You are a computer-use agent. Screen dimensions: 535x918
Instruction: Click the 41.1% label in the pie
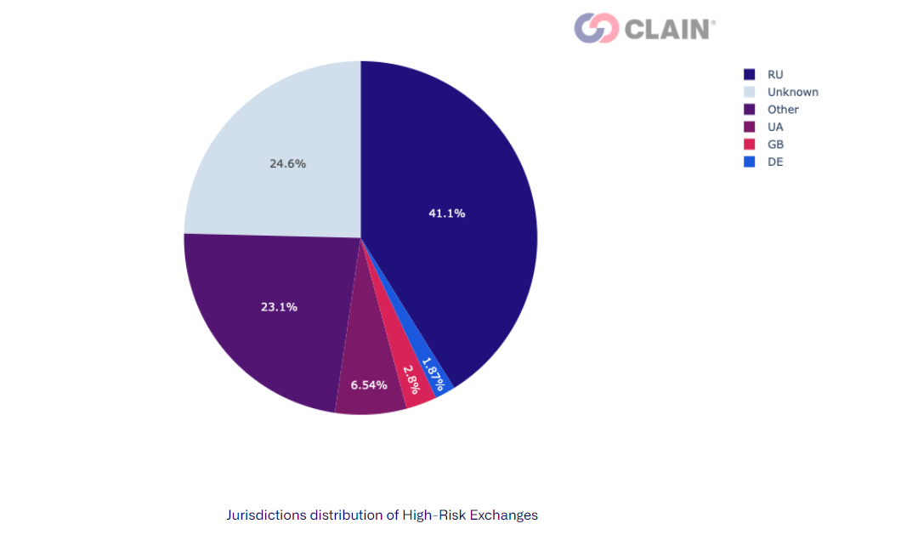pyautogui.click(x=446, y=213)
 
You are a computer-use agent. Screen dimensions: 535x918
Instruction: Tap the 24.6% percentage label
pyautogui.click(x=287, y=163)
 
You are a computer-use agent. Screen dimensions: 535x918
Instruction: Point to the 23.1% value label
pyautogui.click(x=279, y=307)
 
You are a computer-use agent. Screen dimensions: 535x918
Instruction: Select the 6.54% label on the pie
pyautogui.click(x=369, y=385)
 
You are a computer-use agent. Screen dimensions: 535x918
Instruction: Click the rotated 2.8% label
pyautogui.click(x=411, y=379)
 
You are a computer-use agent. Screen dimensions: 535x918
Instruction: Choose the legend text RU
pyautogui.click(x=775, y=75)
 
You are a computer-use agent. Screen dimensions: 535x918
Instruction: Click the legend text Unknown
pyautogui.click(x=792, y=92)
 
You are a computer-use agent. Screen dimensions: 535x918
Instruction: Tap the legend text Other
pyautogui.click(x=783, y=110)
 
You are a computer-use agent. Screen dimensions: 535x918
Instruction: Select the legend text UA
pyautogui.click(x=775, y=127)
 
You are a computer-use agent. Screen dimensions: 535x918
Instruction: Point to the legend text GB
pyautogui.click(x=775, y=145)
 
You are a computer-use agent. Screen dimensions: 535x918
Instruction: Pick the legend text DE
pyautogui.click(x=775, y=162)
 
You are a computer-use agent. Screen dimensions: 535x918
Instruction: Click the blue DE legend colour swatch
pyautogui.click(x=749, y=162)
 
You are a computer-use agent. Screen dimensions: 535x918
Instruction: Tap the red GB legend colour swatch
pyautogui.click(x=749, y=145)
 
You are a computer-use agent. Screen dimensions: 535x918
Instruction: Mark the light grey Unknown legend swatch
pyautogui.click(x=749, y=92)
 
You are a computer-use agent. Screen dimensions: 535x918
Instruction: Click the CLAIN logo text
pyautogui.click(x=669, y=29)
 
